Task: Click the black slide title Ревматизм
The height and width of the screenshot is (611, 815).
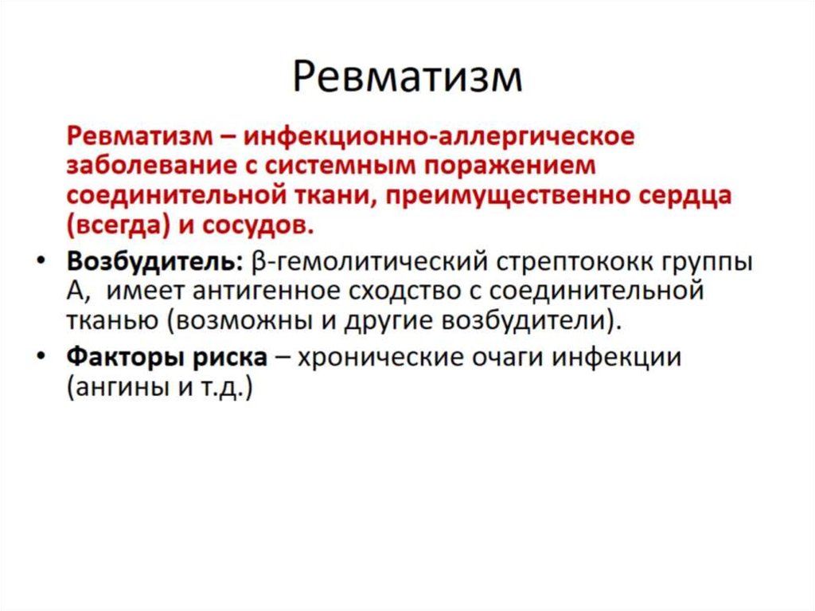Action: pos(407,77)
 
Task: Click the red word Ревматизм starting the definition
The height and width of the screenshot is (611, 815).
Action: pos(140,136)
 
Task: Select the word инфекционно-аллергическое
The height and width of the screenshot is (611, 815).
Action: pos(439,137)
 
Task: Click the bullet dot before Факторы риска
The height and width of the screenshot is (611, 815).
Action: pos(41,355)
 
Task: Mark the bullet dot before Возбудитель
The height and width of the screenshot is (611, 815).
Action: pos(41,260)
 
